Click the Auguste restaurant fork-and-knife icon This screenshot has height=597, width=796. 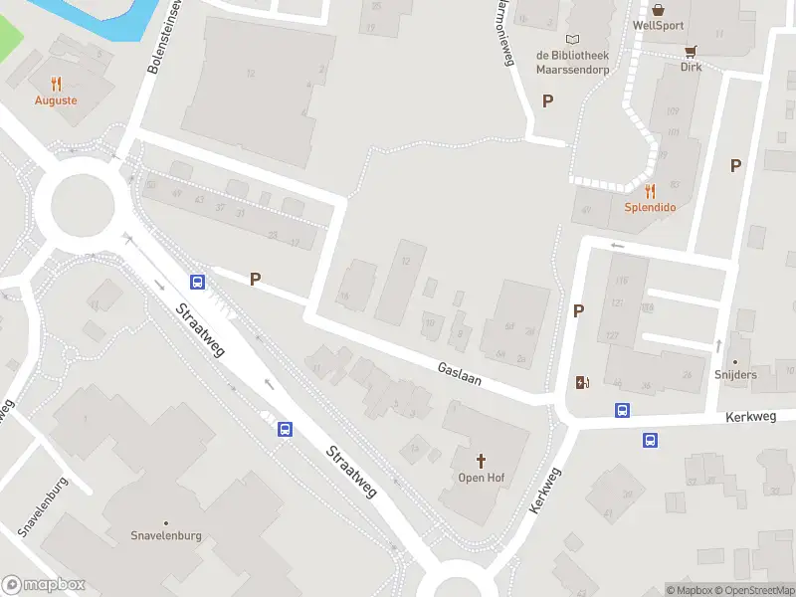pos(56,85)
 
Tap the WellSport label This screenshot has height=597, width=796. pos(658,25)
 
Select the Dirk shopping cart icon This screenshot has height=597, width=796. pos(691,51)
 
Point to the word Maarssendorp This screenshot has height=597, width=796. pos(572,71)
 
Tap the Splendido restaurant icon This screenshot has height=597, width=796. pos(650,191)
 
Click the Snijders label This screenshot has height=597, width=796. pos(736,375)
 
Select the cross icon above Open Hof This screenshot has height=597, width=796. pos(482,461)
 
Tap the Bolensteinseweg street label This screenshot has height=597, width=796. pos(165,37)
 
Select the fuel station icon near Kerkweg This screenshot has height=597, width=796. pos(582,382)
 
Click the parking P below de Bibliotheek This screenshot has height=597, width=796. pos(546,100)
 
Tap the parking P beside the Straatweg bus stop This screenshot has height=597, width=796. pos(256,280)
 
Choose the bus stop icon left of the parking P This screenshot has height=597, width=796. pos(197,282)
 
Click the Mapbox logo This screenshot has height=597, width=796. pos(44,585)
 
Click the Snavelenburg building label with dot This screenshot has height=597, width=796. pos(166,535)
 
